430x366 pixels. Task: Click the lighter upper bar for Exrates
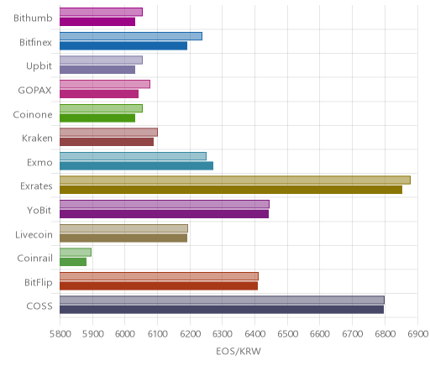235,180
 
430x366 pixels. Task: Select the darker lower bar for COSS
222,310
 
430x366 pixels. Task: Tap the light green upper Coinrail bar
76,252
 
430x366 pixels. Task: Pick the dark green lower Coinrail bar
73,262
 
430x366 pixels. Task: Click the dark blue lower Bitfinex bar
123,45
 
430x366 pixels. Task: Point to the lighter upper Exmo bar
133,156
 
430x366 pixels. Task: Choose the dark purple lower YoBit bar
164,214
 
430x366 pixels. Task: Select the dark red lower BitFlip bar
159,285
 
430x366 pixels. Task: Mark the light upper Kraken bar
108,132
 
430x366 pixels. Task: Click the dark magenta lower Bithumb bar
97,22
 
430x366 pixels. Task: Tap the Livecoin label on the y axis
34,234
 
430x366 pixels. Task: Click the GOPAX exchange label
34,90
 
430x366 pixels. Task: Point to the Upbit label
39,66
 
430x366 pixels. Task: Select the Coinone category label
33,114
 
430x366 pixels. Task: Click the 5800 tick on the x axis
60,334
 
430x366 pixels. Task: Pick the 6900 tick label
417,334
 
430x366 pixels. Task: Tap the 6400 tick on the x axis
254,334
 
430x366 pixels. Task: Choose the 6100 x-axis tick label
158,334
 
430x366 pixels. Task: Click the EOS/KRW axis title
239,351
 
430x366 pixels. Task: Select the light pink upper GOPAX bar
105,84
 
